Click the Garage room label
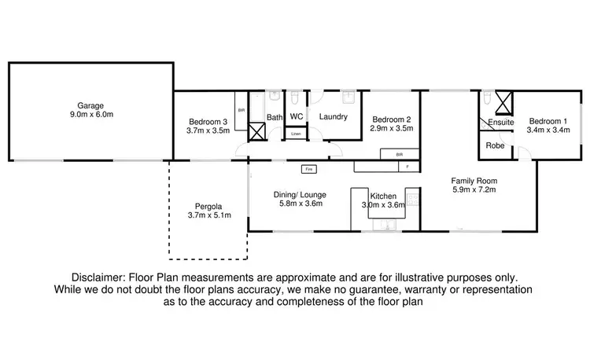point(90,105)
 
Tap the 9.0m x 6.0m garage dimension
point(90,115)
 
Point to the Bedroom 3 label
point(208,121)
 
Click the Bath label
point(274,118)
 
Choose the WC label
point(296,116)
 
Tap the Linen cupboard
point(296,134)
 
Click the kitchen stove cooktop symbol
point(411,206)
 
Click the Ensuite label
point(501,123)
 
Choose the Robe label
point(495,145)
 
